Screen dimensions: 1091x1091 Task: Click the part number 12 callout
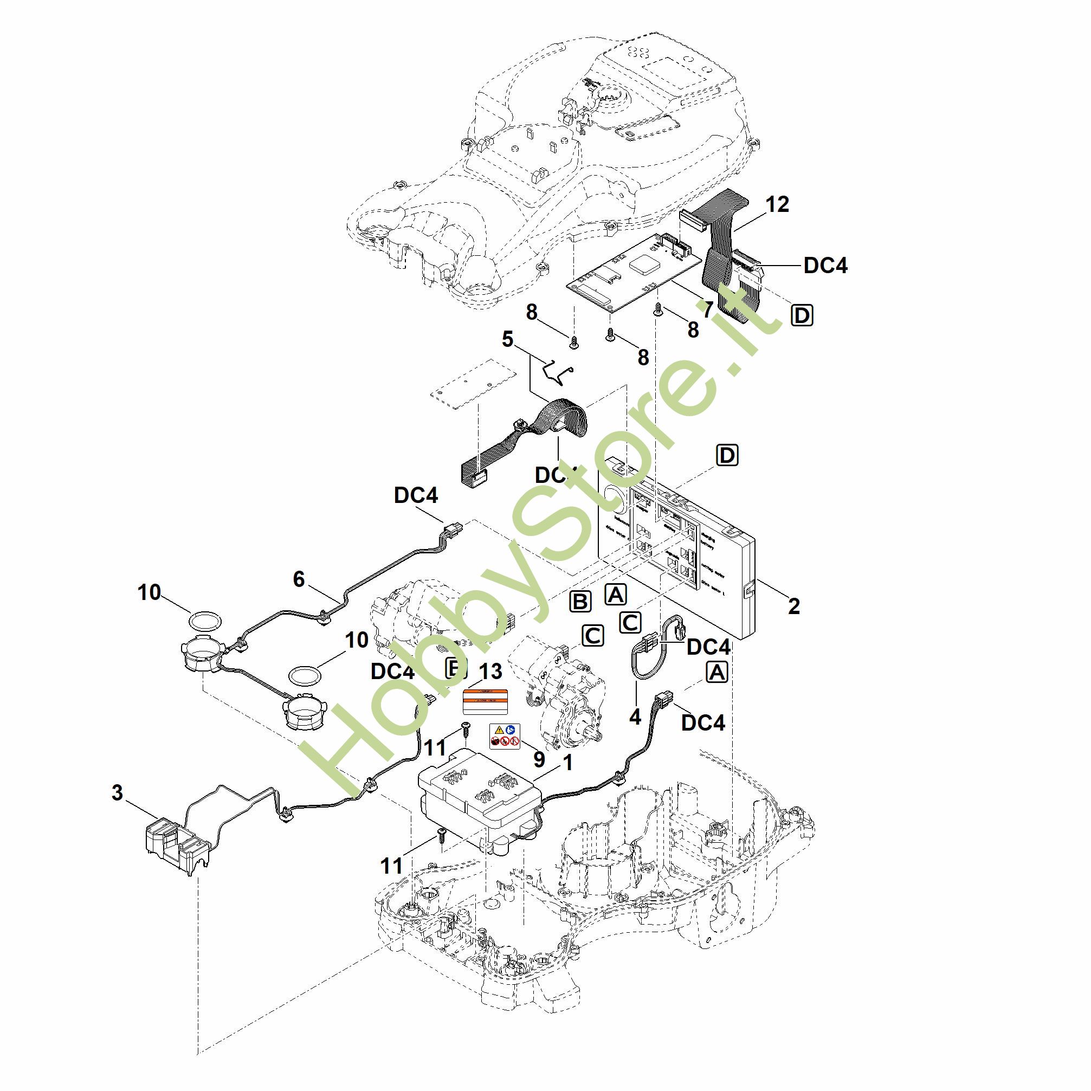click(x=777, y=205)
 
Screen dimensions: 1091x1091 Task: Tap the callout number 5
click(x=508, y=339)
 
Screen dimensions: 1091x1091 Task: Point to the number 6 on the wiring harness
click(x=299, y=579)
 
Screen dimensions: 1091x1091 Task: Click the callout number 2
click(x=793, y=606)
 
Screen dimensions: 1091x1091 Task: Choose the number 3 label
click(x=117, y=793)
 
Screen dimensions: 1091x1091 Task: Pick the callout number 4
click(x=635, y=717)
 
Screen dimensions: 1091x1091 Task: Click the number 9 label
click(x=539, y=759)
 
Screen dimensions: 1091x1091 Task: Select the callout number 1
click(x=568, y=763)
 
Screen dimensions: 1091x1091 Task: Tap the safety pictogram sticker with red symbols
click(x=504, y=736)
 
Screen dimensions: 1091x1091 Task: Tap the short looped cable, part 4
click(x=655, y=649)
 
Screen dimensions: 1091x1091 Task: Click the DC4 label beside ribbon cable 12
click(x=825, y=266)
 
